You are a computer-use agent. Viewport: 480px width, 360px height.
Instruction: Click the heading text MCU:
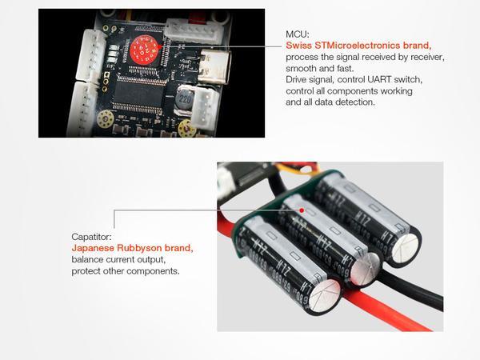[298, 35]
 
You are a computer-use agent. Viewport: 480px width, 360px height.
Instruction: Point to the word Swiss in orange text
[299, 46]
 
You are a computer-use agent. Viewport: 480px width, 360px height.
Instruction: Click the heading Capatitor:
[94, 237]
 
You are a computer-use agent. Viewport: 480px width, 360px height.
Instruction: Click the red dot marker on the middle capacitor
[301, 209]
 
